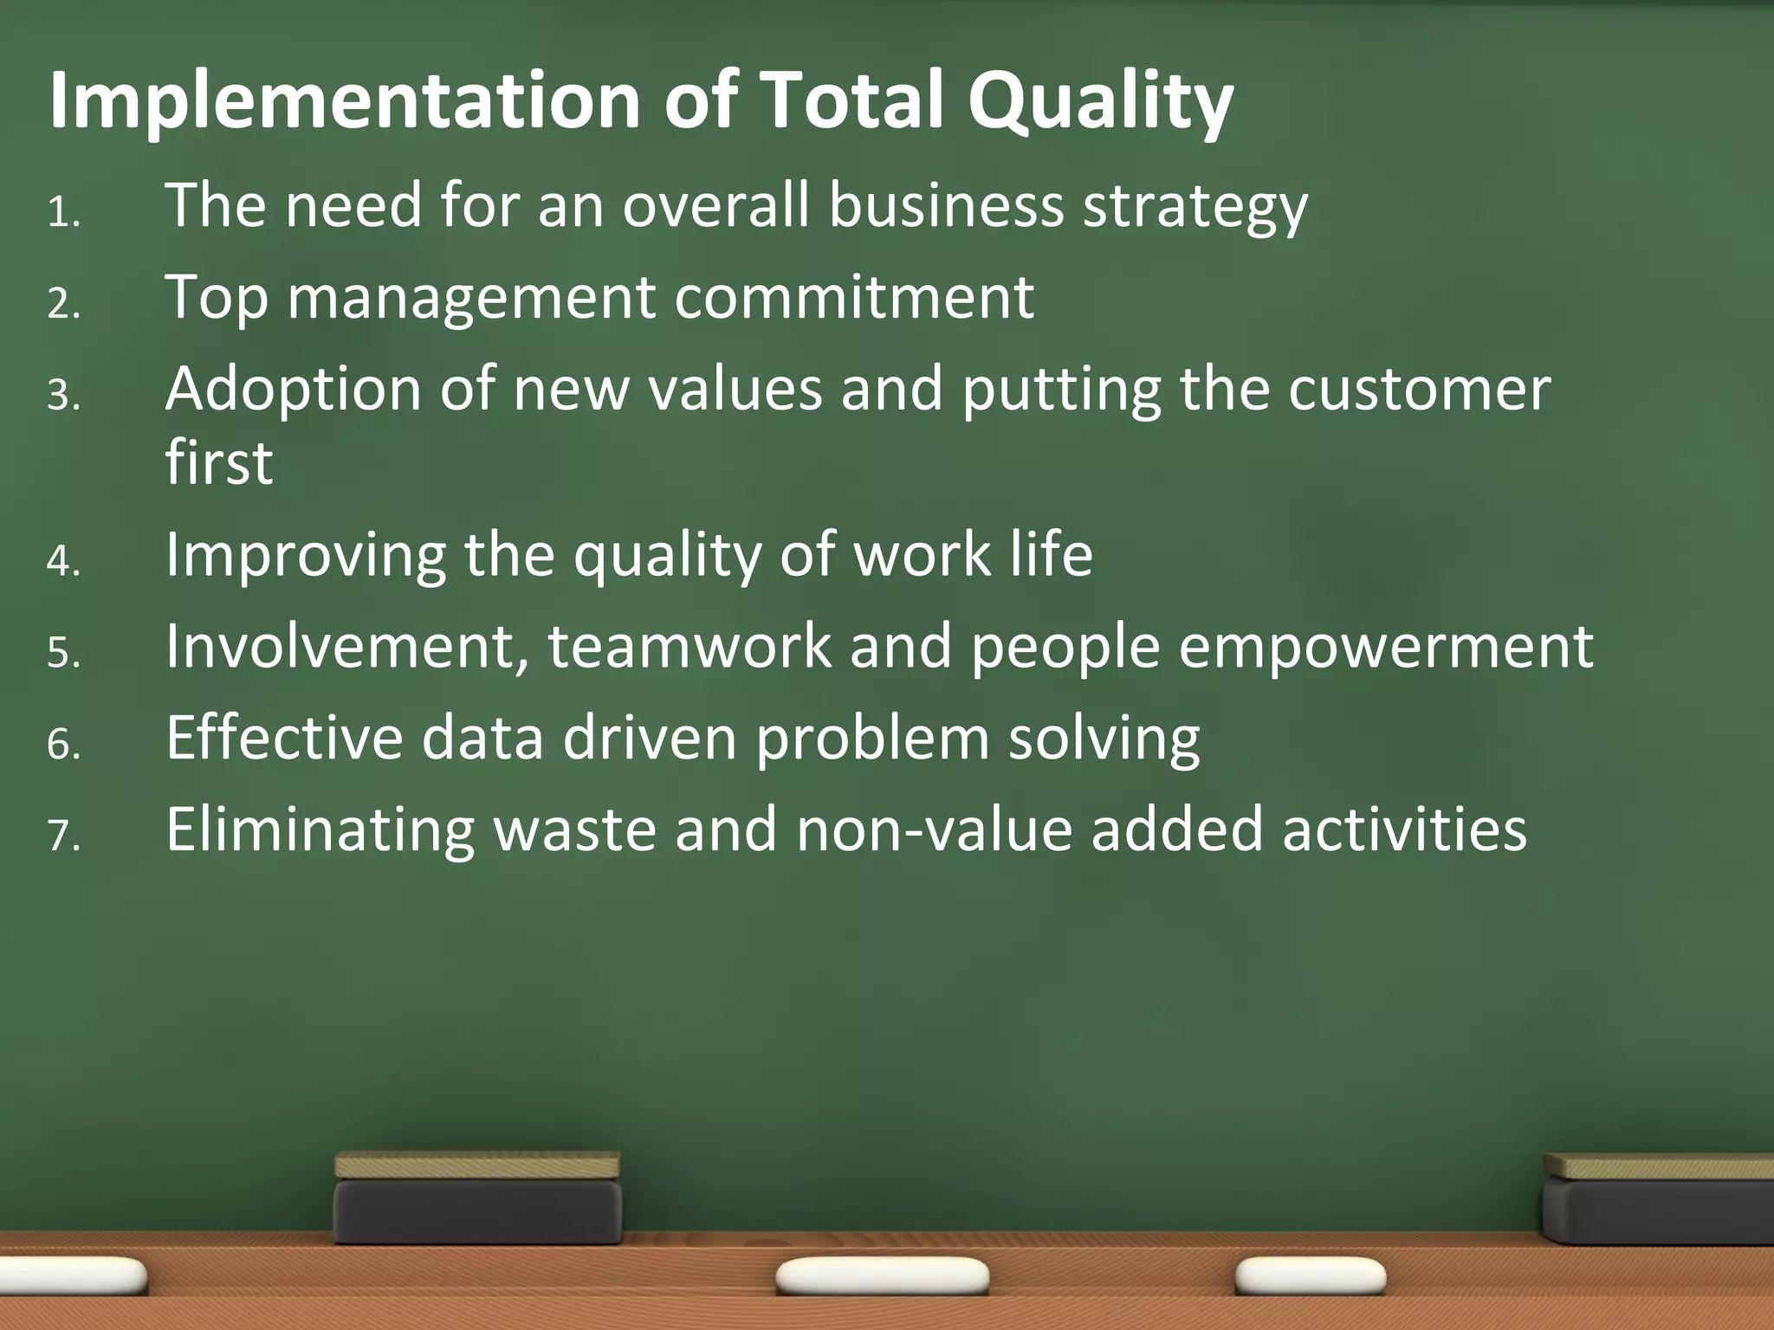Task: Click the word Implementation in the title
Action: pos(345,101)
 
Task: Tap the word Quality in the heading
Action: pos(1100,101)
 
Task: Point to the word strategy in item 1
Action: pos(1195,208)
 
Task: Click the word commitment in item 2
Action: pos(853,298)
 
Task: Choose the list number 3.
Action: pos(63,396)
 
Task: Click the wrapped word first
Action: pos(219,462)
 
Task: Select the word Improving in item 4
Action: pos(305,556)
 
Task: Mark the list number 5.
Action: pos(63,652)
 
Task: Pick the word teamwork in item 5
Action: pos(689,647)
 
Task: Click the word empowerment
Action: pos(1385,648)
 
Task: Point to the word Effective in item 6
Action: pos(285,739)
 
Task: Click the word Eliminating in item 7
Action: pos(320,830)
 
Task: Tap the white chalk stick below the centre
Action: pos(882,1276)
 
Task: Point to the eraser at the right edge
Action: pos(1659,1199)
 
